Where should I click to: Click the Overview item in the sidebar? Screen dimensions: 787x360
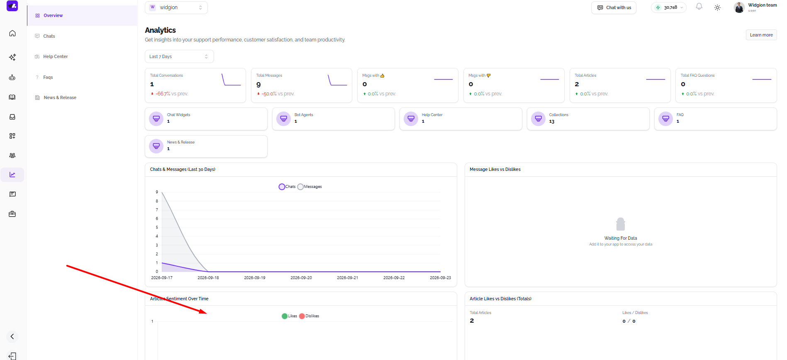coord(49,15)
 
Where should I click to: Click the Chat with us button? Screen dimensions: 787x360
coord(614,7)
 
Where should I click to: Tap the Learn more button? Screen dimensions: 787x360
coord(761,35)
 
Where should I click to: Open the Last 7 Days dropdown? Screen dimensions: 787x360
coord(179,56)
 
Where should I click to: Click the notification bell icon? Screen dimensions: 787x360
coord(699,7)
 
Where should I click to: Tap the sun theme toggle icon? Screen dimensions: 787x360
coord(717,7)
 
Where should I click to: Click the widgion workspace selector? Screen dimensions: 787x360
coord(176,7)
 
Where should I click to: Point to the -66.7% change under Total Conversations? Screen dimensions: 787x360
coord(163,94)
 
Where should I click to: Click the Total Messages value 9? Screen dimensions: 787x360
coord(258,85)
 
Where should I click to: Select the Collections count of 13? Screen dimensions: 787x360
coord(552,122)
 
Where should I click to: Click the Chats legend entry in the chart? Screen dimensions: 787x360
coord(287,187)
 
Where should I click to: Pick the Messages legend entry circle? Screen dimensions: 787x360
coord(300,187)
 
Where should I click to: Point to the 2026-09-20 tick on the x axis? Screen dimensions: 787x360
coord(301,278)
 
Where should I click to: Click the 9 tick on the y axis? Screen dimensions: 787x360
coord(157,192)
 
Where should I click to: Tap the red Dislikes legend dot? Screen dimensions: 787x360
coord(302,316)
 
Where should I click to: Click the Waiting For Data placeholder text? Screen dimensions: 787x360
coord(621,238)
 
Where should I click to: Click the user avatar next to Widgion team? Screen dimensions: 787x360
coord(739,7)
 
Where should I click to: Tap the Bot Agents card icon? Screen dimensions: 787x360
coord(284,119)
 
